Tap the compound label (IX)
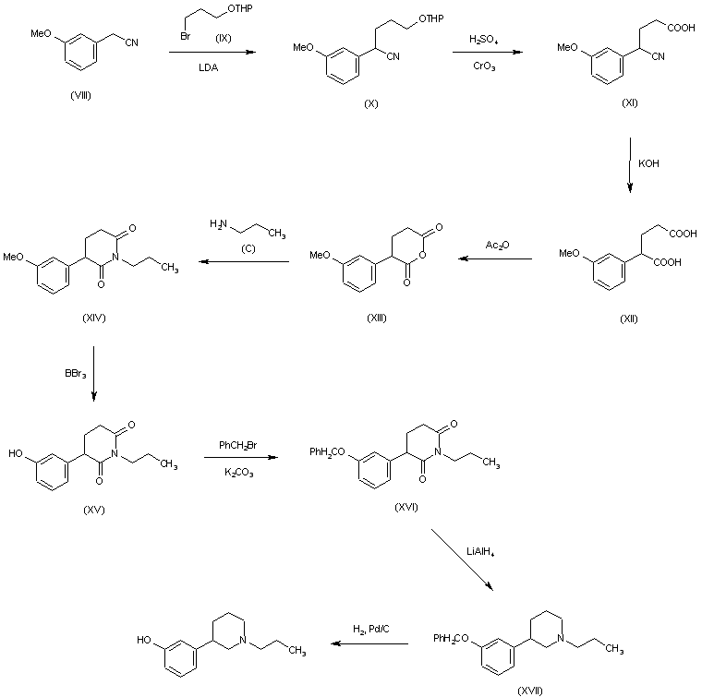[x=223, y=39]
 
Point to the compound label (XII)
[x=629, y=318]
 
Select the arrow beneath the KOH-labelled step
[x=630, y=166]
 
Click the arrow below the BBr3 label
[x=93, y=375]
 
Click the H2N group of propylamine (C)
[x=218, y=223]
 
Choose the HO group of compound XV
[x=14, y=453]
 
